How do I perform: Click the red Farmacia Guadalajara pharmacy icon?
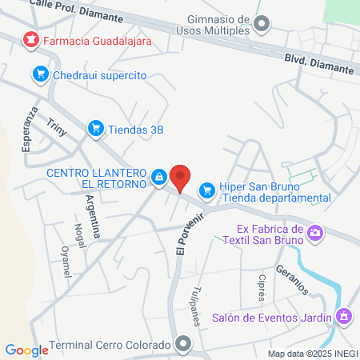[x=30, y=38]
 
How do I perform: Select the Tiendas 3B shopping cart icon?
[x=95, y=127]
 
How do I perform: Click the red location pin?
[x=181, y=178]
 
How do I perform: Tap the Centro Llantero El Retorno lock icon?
[x=159, y=176]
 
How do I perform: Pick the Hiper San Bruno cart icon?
[x=207, y=189]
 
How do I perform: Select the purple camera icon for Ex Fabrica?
[x=316, y=232]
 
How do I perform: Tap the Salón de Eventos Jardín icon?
[x=344, y=317]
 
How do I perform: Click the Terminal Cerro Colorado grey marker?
[x=185, y=346]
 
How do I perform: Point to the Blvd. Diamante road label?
[x=319, y=64]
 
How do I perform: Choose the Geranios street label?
[x=290, y=276]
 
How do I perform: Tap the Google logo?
[x=27, y=350]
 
